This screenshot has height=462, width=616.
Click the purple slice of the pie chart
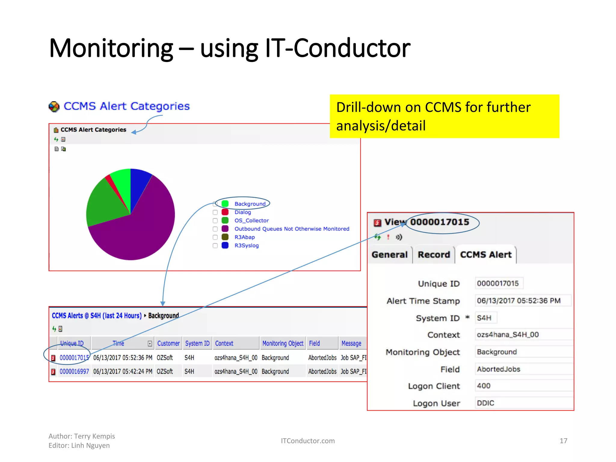point(141,232)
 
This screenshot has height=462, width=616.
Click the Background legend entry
point(250,204)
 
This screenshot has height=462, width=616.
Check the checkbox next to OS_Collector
point(215,221)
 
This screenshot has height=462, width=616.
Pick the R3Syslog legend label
point(246,245)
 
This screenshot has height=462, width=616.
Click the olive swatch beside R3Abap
point(225,237)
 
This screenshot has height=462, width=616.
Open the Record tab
point(433,255)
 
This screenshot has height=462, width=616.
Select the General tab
point(389,255)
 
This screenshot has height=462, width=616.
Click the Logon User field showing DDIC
point(523,403)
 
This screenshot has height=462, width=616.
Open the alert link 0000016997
point(74,371)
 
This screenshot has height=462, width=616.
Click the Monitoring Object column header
point(282,343)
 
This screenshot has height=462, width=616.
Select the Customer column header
point(168,343)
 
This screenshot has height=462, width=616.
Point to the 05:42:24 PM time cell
point(122,371)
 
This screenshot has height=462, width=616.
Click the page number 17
point(563,441)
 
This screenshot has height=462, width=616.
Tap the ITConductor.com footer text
point(307,441)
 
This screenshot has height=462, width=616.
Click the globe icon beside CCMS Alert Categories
point(54,106)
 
